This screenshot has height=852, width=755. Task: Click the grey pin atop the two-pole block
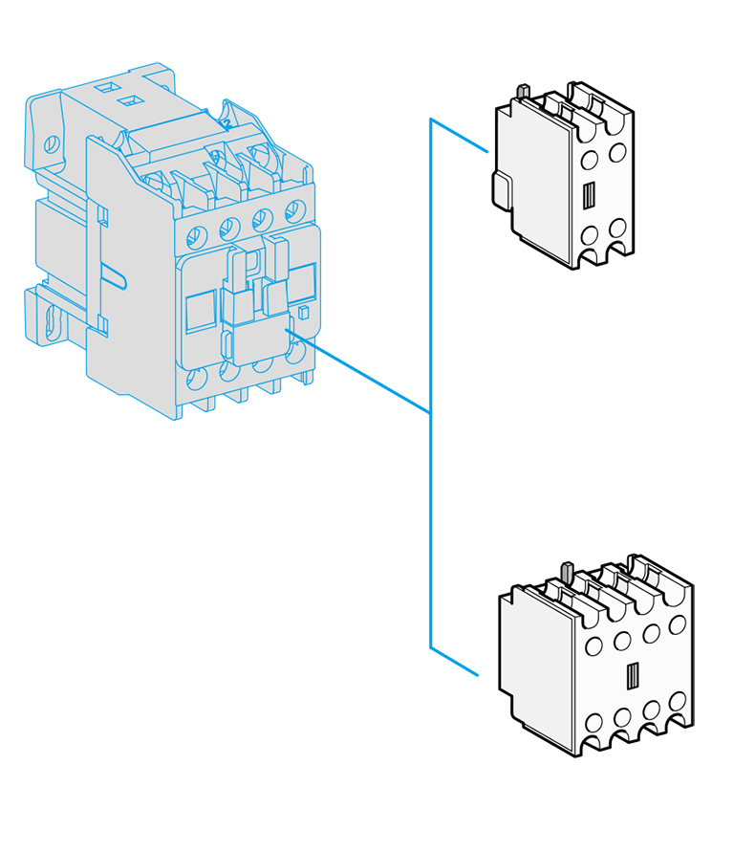(523, 91)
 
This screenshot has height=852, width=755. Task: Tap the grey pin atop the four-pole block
(565, 572)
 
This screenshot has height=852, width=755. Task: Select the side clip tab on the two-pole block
(500, 189)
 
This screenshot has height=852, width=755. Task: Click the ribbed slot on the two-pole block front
(589, 195)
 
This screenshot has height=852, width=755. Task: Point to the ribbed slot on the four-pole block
(632, 676)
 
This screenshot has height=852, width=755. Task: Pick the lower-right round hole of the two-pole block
(617, 228)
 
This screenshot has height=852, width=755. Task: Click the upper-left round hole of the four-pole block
(593, 646)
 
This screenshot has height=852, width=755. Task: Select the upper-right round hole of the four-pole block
(678, 624)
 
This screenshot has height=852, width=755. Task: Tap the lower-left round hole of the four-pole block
(593, 723)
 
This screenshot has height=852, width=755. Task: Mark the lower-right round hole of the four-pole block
(678, 701)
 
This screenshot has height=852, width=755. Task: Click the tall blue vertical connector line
(431, 382)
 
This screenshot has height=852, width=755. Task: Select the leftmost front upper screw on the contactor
(198, 235)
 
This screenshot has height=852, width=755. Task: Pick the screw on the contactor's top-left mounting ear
(52, 145)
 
